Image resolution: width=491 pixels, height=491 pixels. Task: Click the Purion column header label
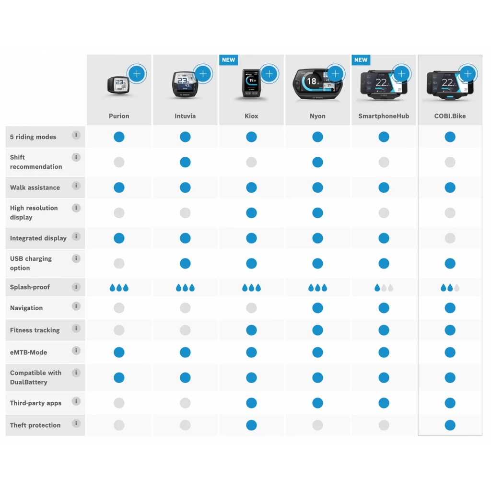pyautogui.click(x=119, y=116)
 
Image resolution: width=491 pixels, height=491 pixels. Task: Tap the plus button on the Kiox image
pyautogui.click(x=269, y=74)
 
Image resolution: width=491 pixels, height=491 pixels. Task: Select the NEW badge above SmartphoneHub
pyautogui.click(x=361, y=60)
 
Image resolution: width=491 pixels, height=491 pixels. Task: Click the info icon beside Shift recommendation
pyautogui.click(x=76, y=157)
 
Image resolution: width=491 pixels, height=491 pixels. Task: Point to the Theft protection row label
pyautogui.click(x=35, y=425)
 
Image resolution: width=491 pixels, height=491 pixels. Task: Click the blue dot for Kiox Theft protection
pyautogui.click(x=251, y=425)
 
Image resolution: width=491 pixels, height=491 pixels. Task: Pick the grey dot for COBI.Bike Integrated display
pyautogui.click(x=450, y=238)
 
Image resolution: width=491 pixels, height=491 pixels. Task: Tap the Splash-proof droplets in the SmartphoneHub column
pyautogui.click(x=384, y=288)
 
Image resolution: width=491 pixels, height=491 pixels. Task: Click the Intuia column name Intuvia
pyautogui.click(x=185, y=116)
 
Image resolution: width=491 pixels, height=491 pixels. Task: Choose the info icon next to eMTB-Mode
pyautogui.click(x=76, y=351)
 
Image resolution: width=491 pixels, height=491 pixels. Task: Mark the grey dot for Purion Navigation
pyautogui.click(x=119, y=308)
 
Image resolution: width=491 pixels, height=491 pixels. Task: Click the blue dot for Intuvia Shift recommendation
pyautogui.click(x=185, y=162)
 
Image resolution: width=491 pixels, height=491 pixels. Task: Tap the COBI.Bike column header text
pyautogui.click(x=450, y=116)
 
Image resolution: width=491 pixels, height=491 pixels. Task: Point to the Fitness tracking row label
pyautogui.click(x=35, y=330)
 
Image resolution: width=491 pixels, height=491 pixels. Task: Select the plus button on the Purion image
pyautogui.click(x=137, y=74)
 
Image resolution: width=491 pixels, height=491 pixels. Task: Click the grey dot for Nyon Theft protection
pyautogui.click(x=317, y=425)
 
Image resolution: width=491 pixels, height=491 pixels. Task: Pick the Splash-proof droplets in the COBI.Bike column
pyautogui.click(x=450, y=288)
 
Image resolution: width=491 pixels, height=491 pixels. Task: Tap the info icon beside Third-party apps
pyautogui.click(x=76, y=401)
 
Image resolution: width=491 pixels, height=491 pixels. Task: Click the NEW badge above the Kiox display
pyautogui.click(x=228, y=60)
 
